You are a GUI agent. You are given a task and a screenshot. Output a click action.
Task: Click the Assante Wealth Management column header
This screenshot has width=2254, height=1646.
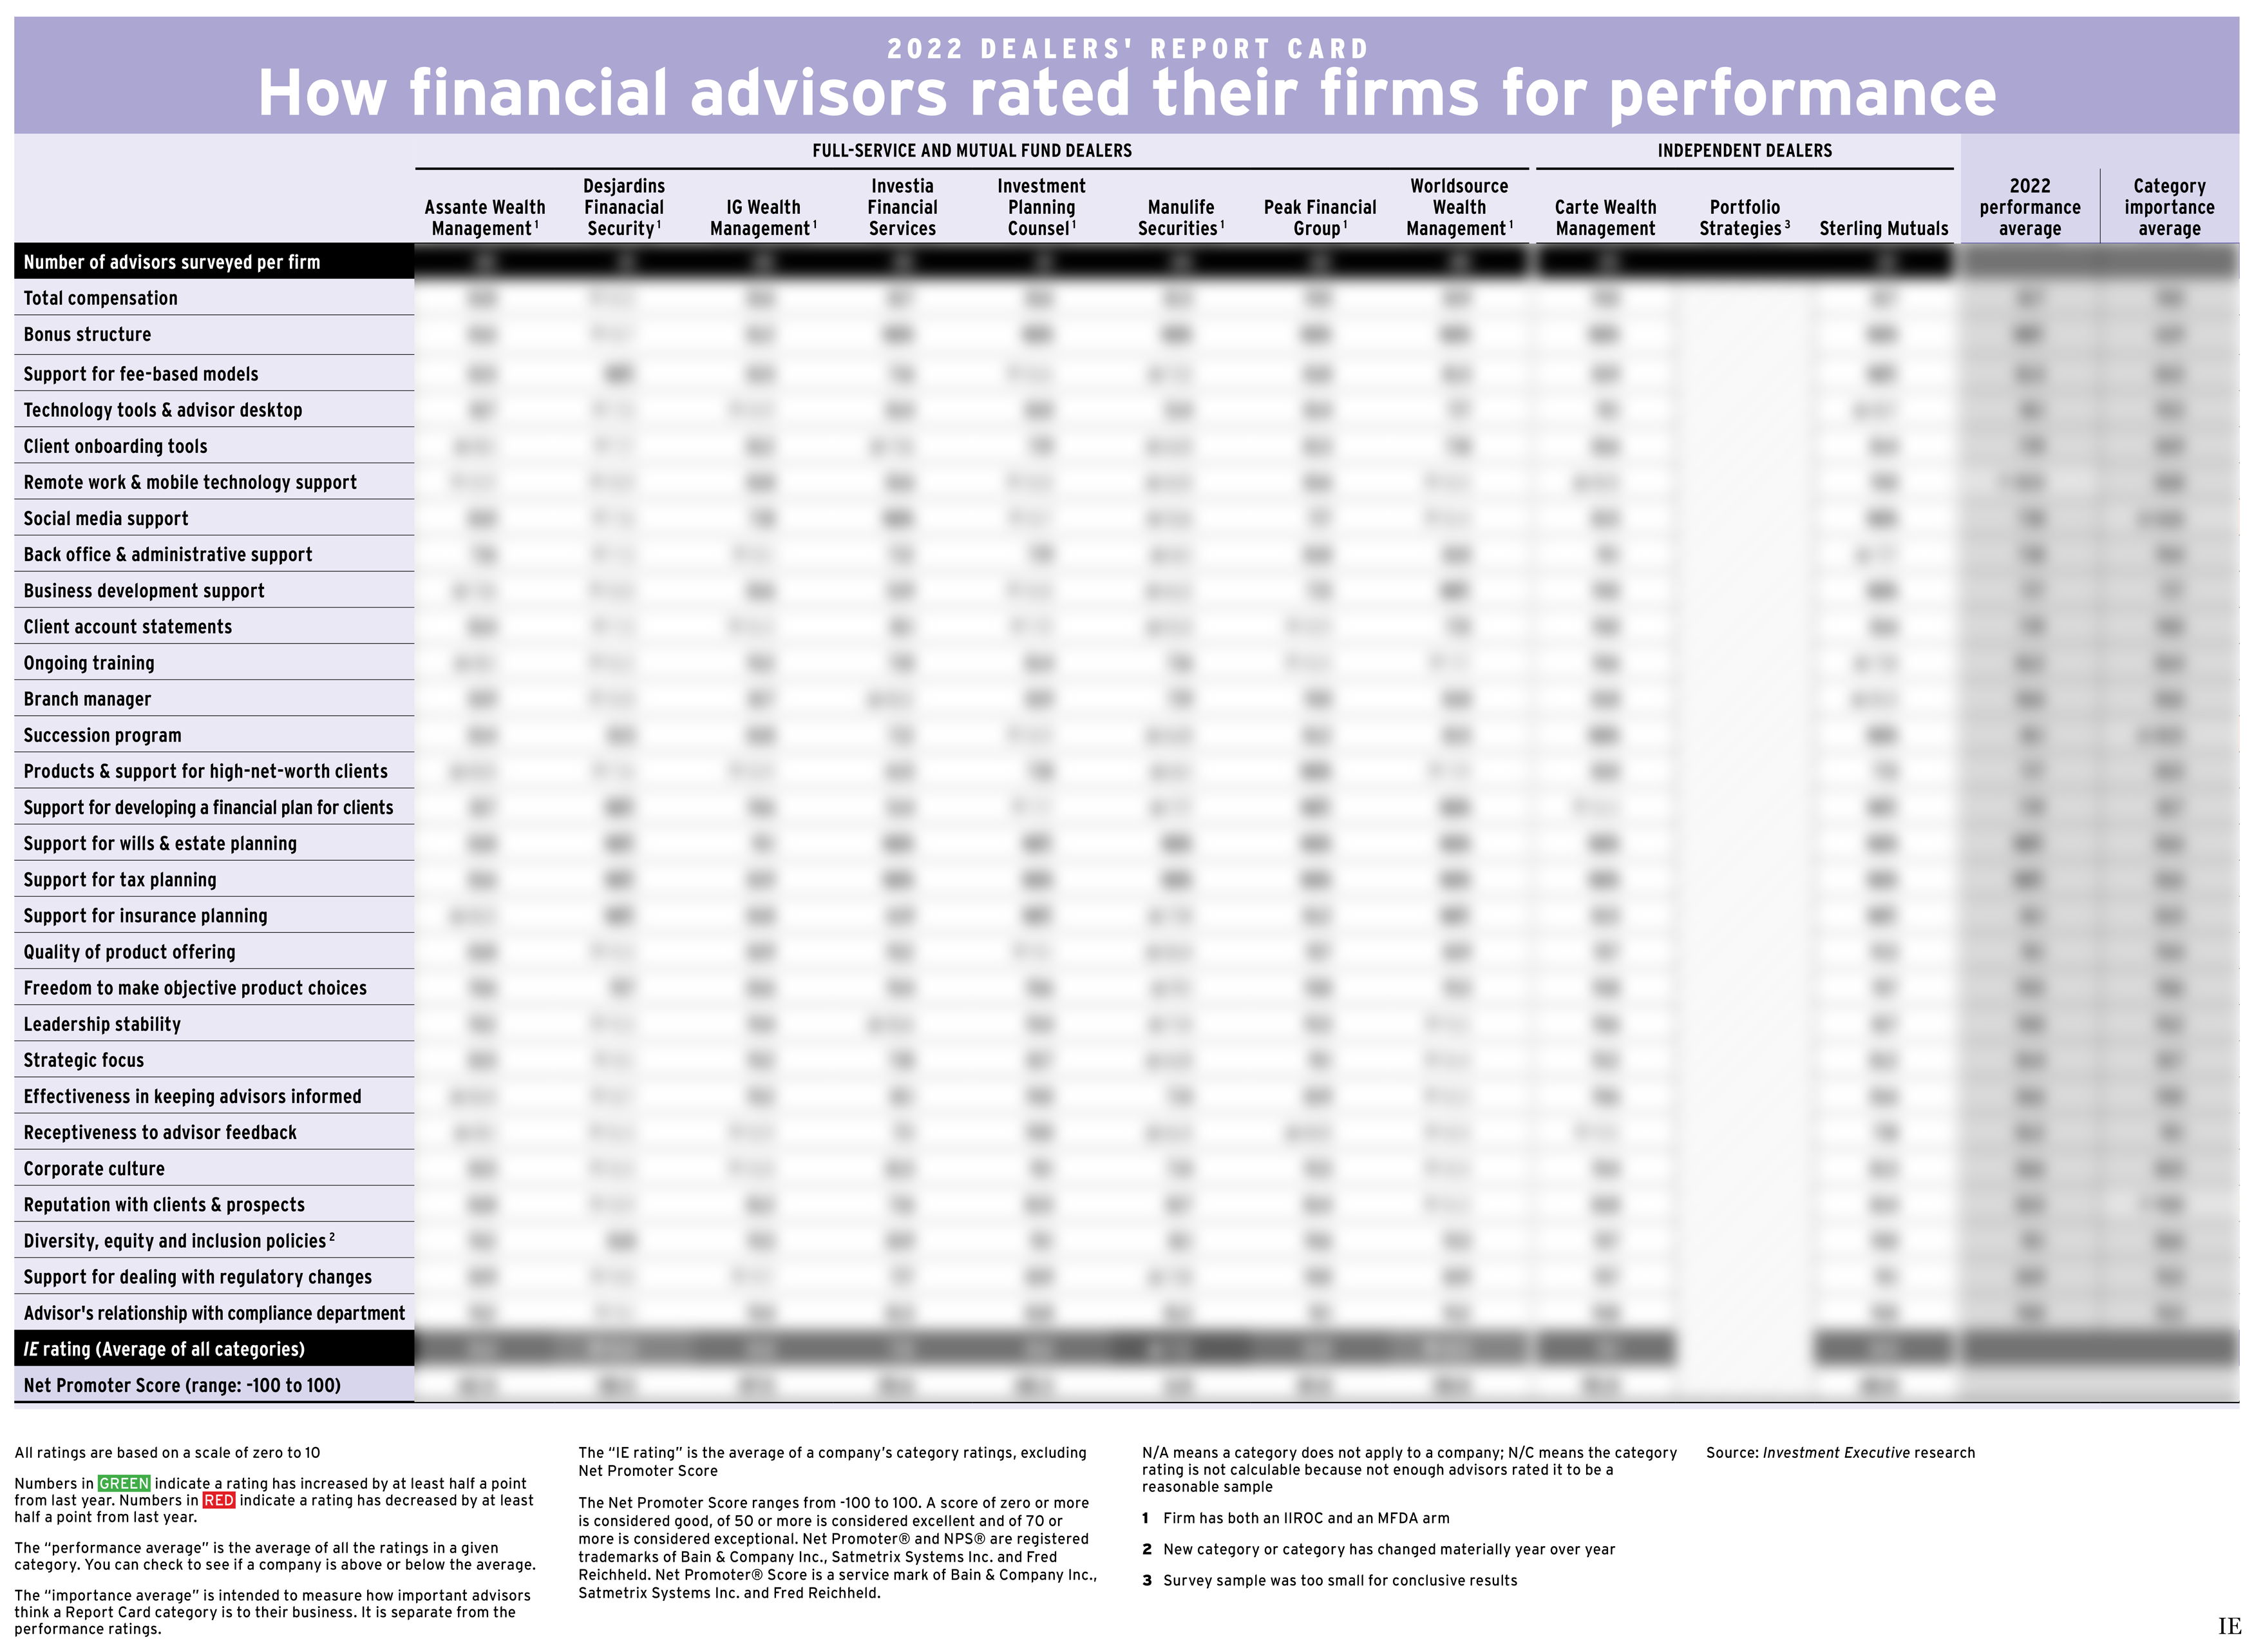(x=484, y=217)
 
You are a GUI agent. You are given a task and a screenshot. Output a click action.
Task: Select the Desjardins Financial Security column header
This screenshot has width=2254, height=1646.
(x=623, y=207)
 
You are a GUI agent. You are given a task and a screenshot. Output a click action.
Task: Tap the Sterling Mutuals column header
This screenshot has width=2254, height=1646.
(x=1882, y=228)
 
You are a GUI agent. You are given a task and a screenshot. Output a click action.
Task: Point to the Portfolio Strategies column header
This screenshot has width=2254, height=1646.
(x=1743, y=217)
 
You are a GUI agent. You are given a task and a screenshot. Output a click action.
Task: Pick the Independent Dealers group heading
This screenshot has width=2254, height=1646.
(x=1743, y=151)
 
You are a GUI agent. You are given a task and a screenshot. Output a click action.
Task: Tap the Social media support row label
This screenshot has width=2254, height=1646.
(x=106, y=518)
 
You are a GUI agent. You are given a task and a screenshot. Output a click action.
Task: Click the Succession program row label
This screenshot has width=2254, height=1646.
(x=102, y=735)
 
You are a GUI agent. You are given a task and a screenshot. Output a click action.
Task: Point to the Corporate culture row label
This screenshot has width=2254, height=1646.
(x=95, y=1169)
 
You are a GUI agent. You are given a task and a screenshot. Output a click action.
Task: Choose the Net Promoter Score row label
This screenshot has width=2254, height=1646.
(x=182, y=1385)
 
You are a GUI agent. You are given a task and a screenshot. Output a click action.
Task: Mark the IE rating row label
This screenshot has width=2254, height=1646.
(x=164, y=1349)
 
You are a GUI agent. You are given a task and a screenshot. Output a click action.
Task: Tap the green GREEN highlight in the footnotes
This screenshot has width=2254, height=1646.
(x=124, y=1484)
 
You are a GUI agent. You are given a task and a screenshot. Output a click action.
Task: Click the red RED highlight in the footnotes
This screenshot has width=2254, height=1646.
(x=218, y=1500)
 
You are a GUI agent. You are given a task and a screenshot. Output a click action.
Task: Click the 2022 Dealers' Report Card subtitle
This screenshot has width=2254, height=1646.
(x=1128, y=49)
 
